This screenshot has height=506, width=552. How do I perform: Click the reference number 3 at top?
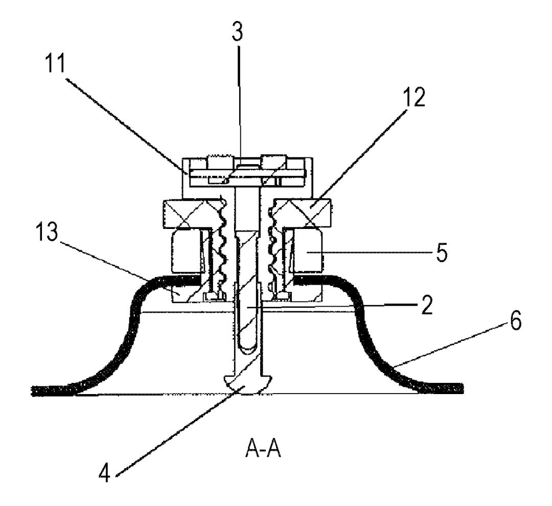(x=237, y=32)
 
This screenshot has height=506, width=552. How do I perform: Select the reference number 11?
(x=55, y=63)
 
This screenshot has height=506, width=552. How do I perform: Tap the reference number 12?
(x=414, y=97)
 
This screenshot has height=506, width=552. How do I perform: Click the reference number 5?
(x=442, y=252)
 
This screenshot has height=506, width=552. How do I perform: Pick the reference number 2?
(x=426, y=305)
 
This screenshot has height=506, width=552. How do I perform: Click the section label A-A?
(x=263, y=449)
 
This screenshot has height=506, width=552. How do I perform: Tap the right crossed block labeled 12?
(x=303, y=213)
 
